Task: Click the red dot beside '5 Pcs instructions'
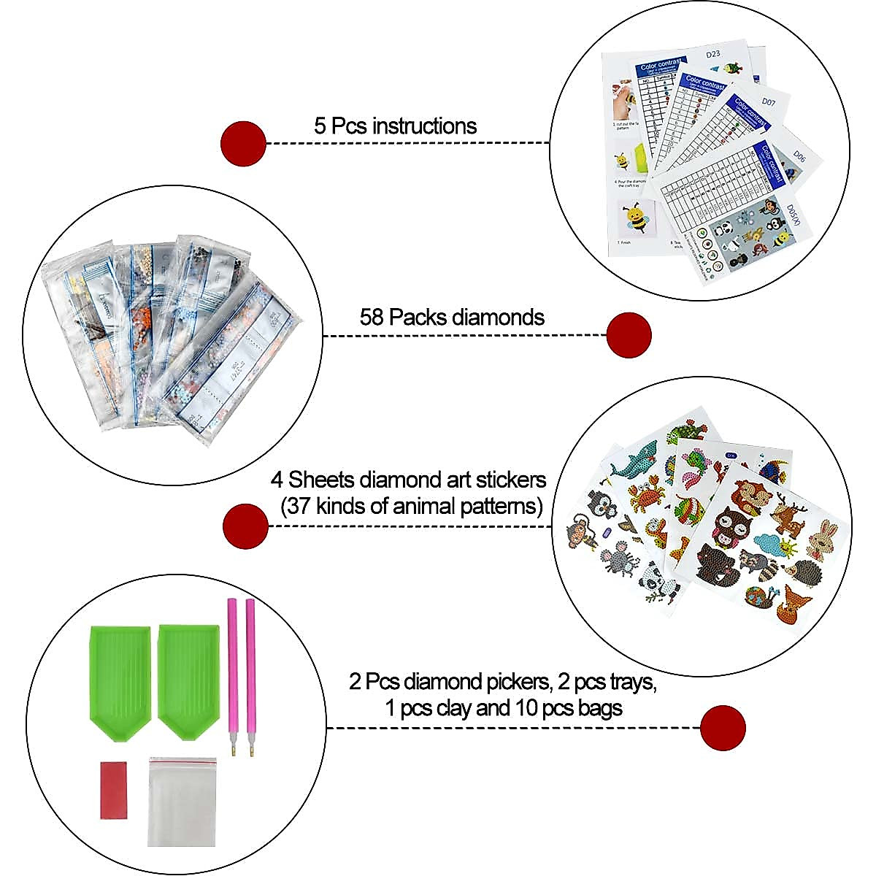(244, 143)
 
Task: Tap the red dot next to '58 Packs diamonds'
(629, 335)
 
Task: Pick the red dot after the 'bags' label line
(723, 727)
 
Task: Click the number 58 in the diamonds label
(372, 318)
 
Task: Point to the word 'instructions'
(425, 126)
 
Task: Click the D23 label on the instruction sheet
(715, 53)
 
